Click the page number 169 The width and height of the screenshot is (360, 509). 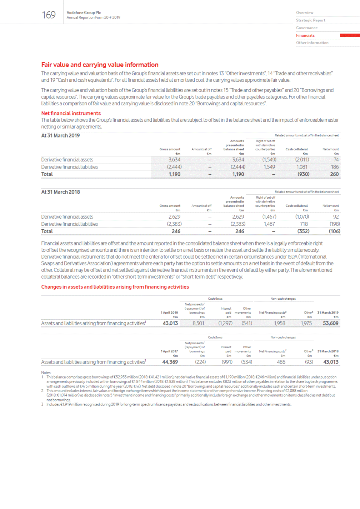point(49,15)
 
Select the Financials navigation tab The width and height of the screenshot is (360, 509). point(305,35)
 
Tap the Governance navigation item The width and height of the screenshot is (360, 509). point(306,28)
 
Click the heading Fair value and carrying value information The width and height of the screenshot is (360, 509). point(100,65)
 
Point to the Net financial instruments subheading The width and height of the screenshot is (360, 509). point(71,113)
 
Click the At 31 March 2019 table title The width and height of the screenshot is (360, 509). point(60,135)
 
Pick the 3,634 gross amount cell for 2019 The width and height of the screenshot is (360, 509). point(174,160)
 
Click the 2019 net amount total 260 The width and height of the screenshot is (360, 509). point(334,174)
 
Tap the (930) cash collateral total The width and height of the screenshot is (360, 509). point(303,174)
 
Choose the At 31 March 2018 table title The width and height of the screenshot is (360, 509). point(60,192)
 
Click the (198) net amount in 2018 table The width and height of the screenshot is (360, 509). point(335,224)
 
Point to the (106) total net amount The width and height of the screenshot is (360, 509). point(334,231)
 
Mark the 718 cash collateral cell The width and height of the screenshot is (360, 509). point(304,224)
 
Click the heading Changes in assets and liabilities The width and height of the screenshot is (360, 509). point(115,287)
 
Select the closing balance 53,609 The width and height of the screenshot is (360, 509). point(330,323)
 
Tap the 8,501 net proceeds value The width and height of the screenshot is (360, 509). point(198,323)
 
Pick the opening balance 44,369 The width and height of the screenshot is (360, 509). point(170,362)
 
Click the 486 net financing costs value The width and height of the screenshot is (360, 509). point(281,362)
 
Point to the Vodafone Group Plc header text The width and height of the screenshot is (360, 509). point(84,13)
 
